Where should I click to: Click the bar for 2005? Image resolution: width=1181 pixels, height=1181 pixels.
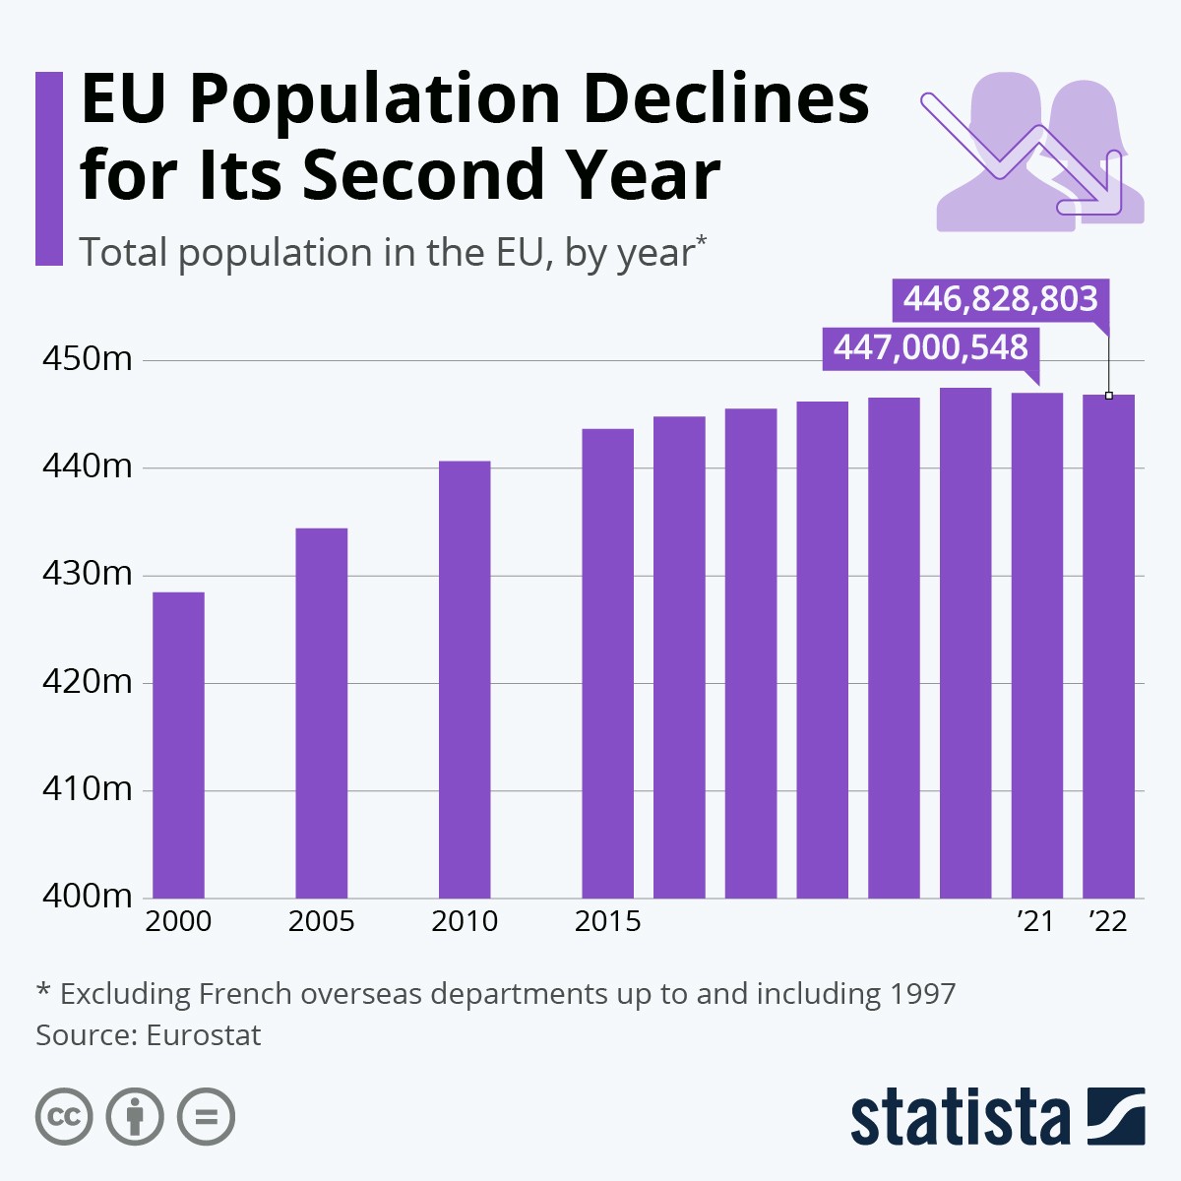[x=321, y=714]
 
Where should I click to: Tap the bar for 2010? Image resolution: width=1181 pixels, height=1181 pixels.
[x=465, y=679]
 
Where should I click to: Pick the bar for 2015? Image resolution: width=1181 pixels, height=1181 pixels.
[x=607, y=663]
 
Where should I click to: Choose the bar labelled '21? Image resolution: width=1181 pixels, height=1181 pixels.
[x=1037, y=646]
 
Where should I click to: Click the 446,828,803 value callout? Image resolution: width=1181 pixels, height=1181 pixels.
[x=1000, y=298]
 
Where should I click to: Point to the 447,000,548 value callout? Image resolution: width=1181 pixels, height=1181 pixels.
[x=931, y=347]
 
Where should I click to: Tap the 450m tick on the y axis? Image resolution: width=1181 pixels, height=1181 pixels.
[x=87, y=359]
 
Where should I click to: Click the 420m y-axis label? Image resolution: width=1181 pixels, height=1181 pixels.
[x=87, y=681]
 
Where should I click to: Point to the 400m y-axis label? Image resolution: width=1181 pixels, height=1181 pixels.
[x=87, y=896]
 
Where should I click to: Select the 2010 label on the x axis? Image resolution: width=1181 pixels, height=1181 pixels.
[x=465, y=921]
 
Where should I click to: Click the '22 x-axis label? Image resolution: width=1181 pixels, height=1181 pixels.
[x=1108, y=921]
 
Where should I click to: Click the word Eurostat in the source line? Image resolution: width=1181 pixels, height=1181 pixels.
[x=204, y=1035]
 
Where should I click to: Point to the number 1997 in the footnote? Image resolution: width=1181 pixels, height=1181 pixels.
[x=922, y=994]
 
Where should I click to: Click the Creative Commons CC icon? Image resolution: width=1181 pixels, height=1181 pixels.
[x=64, y=1117]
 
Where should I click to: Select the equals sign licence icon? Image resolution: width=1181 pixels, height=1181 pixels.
[x=207, y=1117]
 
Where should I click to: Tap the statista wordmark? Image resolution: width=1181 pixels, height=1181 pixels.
[x=960, y=1117]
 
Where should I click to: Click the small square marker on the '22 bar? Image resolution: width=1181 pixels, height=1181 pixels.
[x=1109, y=396]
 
